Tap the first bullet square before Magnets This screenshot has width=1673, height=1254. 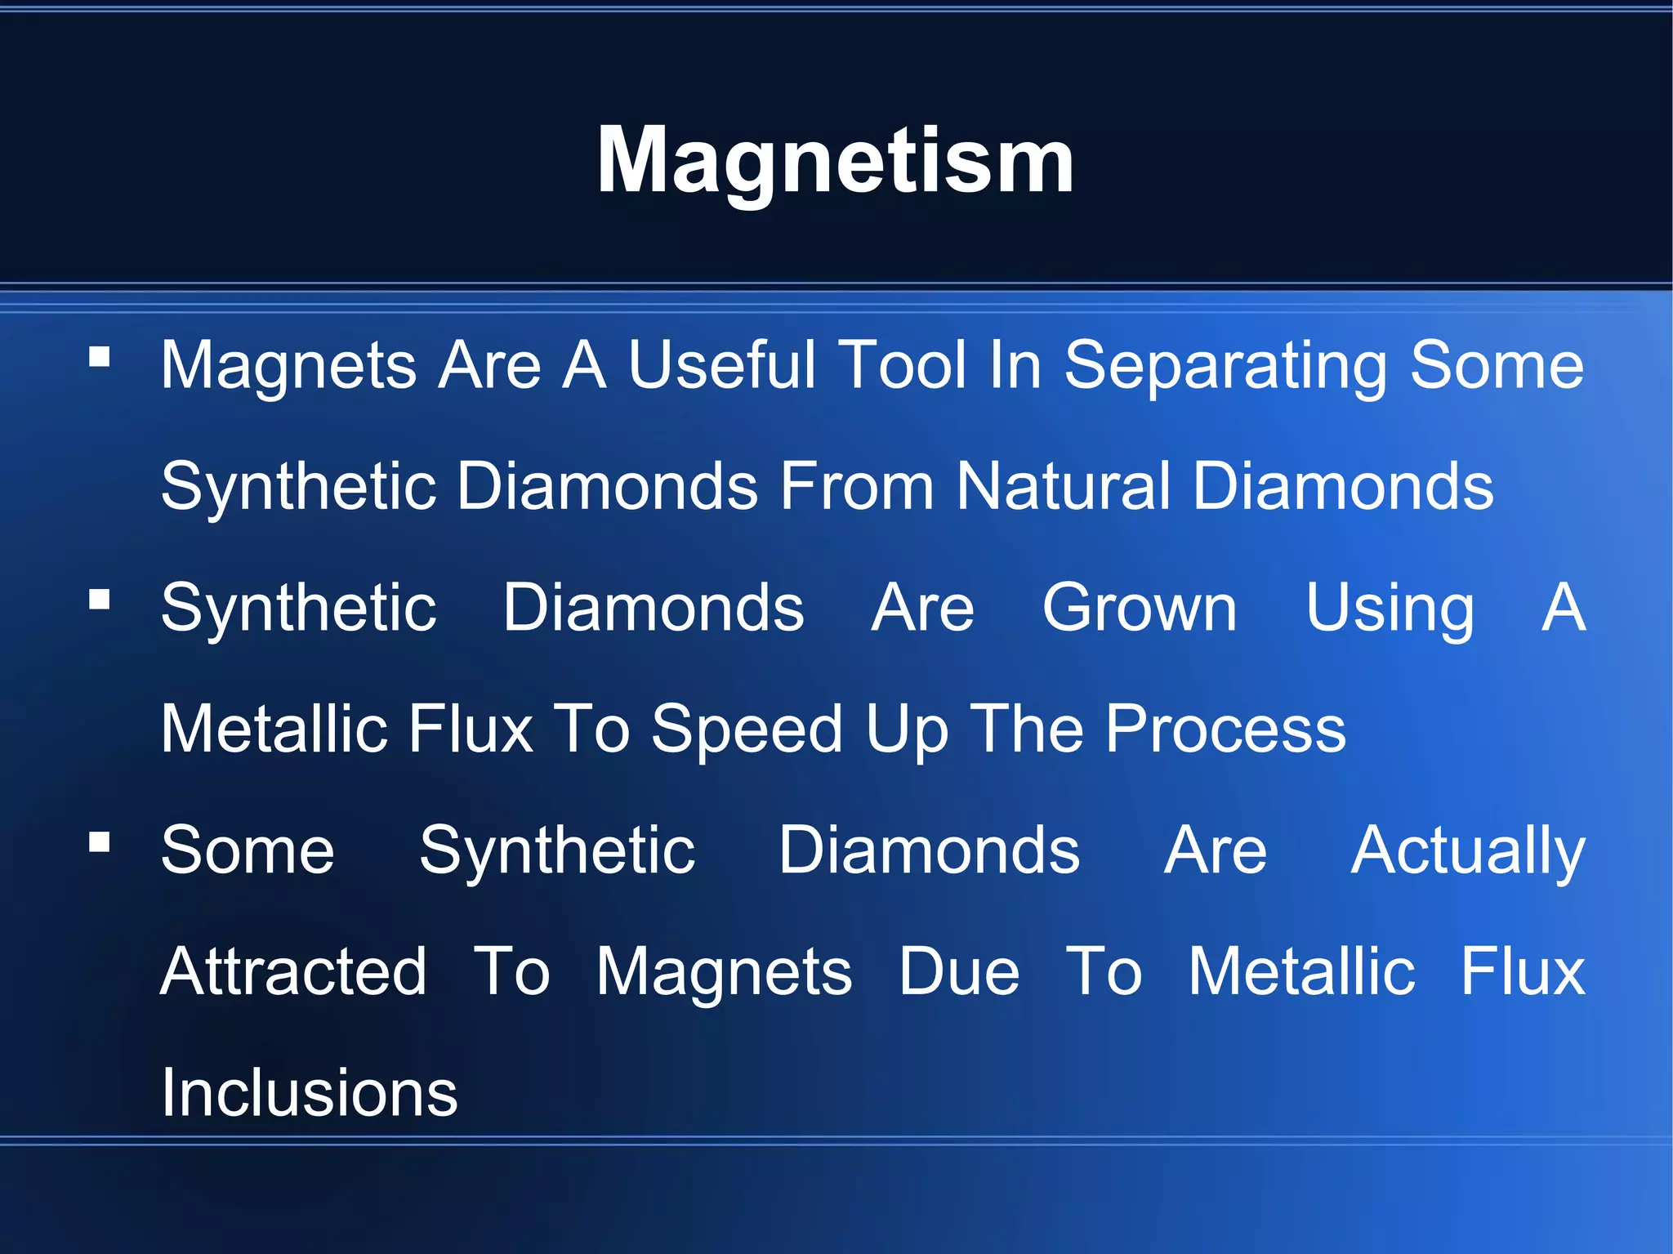100,357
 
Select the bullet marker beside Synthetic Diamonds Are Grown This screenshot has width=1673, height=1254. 100,600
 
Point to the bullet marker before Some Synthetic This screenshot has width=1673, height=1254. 100,842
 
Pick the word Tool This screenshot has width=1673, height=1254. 903,365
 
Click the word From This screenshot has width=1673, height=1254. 857,486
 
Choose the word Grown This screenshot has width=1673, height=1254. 1140,608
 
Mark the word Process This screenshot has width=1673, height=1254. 1225,729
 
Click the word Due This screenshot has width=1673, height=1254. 959,971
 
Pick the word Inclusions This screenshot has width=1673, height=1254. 310,1092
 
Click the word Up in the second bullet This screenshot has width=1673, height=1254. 908,730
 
